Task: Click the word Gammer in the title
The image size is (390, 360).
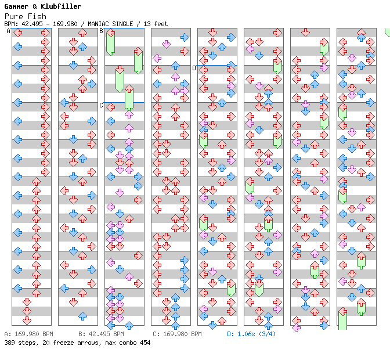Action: click(x=16, y=6)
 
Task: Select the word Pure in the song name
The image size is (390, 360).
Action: click(x=13, y=16)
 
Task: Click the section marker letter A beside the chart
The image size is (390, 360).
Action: click(x=9, y=31)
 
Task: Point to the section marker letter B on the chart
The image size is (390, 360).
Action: click(x=102, y=31)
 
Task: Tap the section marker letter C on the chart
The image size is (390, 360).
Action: click(x=102, y=105)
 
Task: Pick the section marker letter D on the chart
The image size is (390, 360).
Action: click(x=194, y=68)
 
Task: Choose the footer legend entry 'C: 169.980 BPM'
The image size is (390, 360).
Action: click(x=177, y=334)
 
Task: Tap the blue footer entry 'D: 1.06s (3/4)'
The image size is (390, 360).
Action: click(x=251, y=334)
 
